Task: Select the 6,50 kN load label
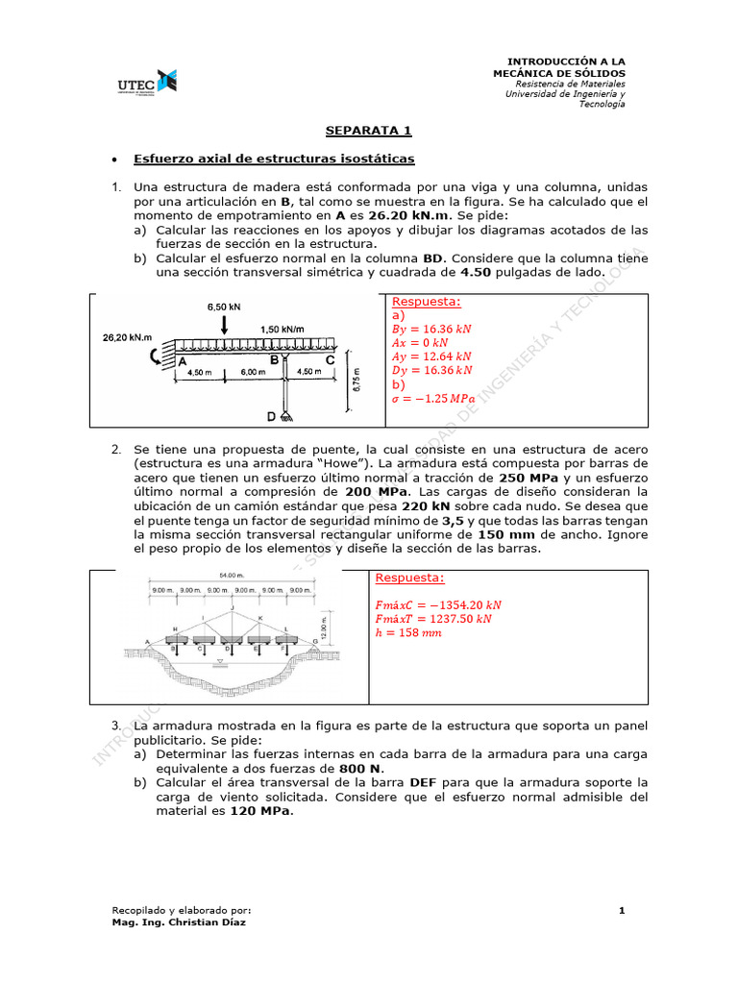point(222,307)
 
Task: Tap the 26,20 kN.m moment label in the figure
point(127,337)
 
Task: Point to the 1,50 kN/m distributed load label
point(283,329)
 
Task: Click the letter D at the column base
point(272,416)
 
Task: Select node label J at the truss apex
point(231,607)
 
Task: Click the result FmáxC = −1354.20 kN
point(439,604)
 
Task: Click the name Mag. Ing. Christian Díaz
point(179,922)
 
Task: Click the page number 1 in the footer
point(622,909)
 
